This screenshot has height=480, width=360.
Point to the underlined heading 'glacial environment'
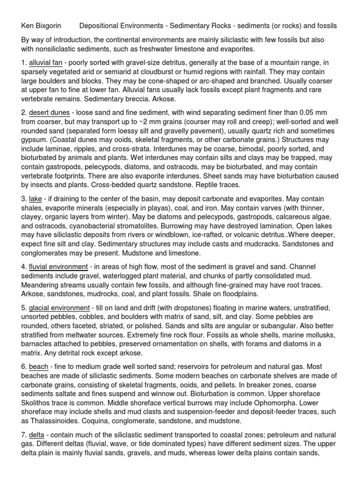(x=59, y=307)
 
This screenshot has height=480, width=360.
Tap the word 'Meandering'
(x=44, y=285)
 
